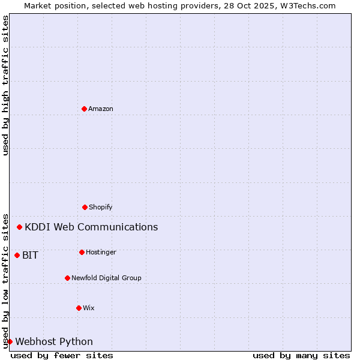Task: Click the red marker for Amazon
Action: coord(84,109)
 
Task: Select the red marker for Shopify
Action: coord(85,207)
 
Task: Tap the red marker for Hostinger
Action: coord(82,252)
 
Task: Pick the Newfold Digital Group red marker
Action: coord(67,278)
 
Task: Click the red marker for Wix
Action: coord(79,308)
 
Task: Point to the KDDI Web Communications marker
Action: coord(20,227)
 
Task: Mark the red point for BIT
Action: coord(17,255)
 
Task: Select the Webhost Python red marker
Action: coord(10,341)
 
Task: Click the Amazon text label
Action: coord(101,109)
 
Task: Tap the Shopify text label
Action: coord(101,207)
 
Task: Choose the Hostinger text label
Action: coord(101,252)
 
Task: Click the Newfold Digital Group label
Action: coord(106,278)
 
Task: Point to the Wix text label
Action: coord(89,308)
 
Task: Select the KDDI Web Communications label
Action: coord(91,227)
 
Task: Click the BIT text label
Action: coord(30,255)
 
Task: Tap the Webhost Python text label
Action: coord(54,341)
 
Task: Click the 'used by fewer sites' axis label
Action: coord(62,355)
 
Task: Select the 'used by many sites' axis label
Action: coord(301,355)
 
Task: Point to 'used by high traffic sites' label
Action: coord(5,85)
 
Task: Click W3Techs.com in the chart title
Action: coord(306,5)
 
